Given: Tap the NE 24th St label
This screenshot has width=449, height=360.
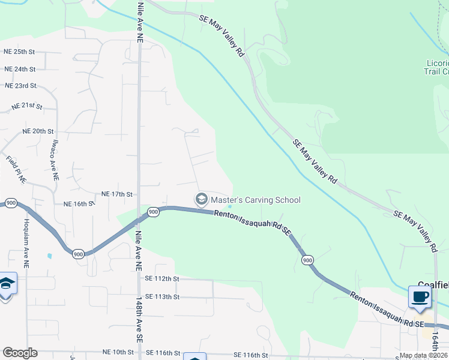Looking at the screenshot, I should [20, 69].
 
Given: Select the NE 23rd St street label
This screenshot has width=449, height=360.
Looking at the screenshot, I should [21, 86].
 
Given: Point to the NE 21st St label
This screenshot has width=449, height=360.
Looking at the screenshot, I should [27, 107].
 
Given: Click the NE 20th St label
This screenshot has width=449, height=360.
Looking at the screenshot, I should [38, 131].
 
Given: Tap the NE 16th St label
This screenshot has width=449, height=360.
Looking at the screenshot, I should [80, 204].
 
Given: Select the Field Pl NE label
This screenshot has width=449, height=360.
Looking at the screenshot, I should [17, 169].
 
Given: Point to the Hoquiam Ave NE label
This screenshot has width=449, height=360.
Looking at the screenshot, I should [26, 234].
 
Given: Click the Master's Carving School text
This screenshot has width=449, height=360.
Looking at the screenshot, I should [255, 200].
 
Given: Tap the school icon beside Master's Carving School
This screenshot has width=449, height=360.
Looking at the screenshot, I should [201, 199].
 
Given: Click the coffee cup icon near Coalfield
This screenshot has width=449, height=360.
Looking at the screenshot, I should [420, 296].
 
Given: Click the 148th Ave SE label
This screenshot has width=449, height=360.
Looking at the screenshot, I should [139, 319].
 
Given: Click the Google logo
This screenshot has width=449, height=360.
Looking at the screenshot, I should [20, 353].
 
